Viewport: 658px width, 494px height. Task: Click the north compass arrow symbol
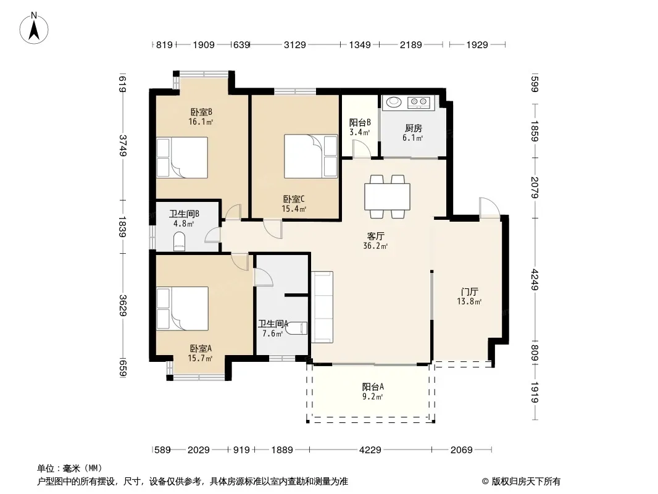tap(35, 28)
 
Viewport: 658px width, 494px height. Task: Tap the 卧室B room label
tap(201, 112)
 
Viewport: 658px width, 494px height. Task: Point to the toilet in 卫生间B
tap(180, 241)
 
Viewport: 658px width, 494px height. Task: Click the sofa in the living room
tap(322, 307)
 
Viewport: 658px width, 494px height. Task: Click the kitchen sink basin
tap(393, 102)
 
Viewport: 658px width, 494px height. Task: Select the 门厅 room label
tap(470, 291)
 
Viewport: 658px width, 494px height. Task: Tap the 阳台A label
tap(373, 387)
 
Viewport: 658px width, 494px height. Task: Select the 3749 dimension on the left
tap(123, 146)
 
